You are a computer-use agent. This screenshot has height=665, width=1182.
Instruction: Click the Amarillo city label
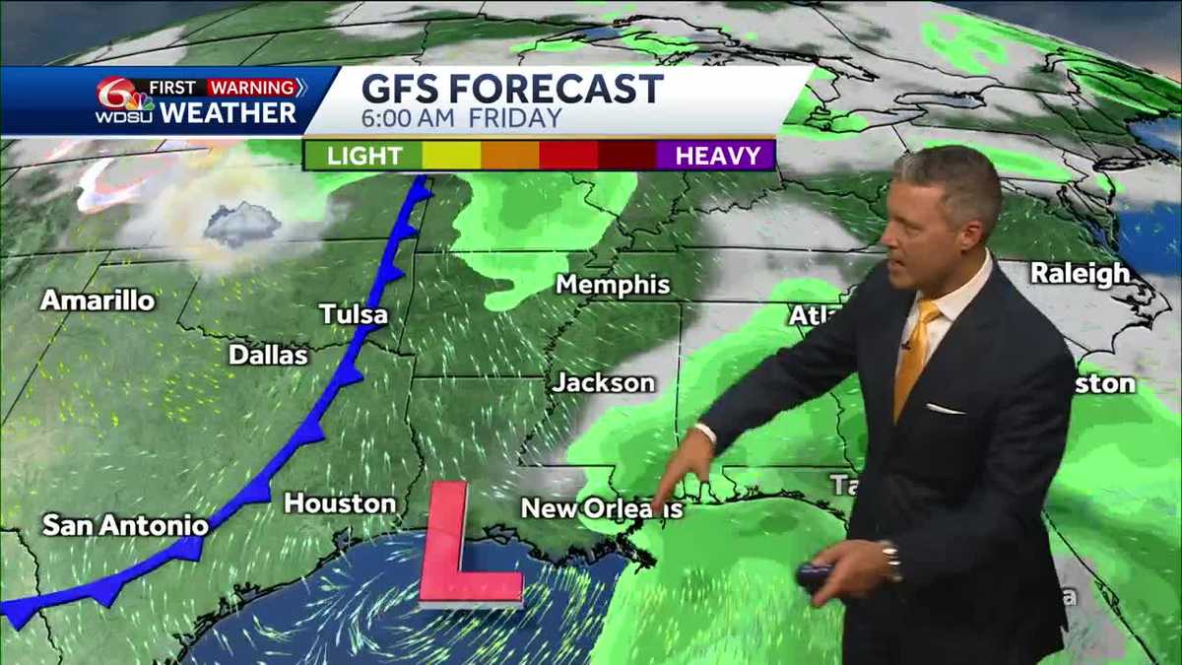[98, 300]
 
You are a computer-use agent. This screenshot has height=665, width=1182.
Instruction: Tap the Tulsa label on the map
[354, 315]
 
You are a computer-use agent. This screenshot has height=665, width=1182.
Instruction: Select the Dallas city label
[268, 355]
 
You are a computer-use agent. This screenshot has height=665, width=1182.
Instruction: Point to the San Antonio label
[125, 525]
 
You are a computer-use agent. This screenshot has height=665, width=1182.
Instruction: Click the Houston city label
[340, 503]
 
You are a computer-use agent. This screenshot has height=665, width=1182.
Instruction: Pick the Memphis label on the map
[613, 285]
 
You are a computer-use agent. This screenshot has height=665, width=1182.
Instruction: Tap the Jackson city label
[603, 382]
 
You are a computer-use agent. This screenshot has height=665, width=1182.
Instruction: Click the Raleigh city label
[1080, 274]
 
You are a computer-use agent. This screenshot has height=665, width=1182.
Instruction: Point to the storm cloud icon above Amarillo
[241, 225]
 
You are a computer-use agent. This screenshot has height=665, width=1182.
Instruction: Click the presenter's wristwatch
[891, 560]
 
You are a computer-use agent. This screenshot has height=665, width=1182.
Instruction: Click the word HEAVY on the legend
[717, 156]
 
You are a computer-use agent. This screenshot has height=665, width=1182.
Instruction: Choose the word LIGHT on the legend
[363, 156]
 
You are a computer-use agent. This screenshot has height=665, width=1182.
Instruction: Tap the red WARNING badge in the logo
[252, 87]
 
